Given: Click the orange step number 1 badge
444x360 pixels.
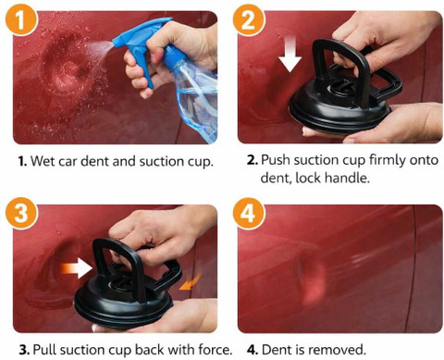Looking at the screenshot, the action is (21, 19).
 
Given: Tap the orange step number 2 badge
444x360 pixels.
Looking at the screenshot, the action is (249, 19).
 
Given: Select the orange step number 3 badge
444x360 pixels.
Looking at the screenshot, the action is (21, 214).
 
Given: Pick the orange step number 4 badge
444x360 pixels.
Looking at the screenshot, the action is (249, 214).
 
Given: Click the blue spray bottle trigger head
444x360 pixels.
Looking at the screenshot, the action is (141, 43).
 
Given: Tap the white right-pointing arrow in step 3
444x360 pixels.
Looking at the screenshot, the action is (77, 268).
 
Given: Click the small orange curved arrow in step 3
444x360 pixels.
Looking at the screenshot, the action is (190, 283).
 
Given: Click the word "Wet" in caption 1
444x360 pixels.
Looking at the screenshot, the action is (41, 161).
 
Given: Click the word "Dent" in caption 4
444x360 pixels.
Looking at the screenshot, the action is (275, 350).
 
